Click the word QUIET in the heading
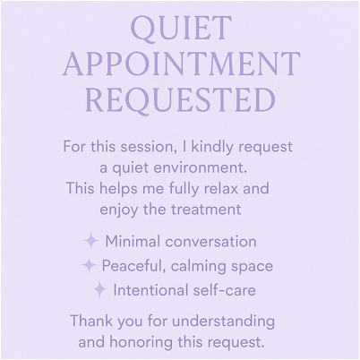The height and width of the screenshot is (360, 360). click(x=181, y=30)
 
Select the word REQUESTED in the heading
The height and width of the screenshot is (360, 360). click(x=180, y=99)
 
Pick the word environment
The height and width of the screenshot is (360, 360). click(x=201, y=167)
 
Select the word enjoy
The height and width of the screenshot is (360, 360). click(x=119, y=210)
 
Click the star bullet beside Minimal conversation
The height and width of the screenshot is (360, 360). click(x=91, y=241)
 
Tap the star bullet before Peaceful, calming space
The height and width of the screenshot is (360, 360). click(x=89, y=266)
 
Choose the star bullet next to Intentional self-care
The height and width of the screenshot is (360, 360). click(x=99, y=290)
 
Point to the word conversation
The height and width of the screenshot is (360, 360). click(x=210, y=242)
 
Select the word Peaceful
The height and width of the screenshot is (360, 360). click(x=134, y=266)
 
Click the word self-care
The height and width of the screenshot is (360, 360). click(x=224, y=290)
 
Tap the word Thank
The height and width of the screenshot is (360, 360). click(x=91, y=321)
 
